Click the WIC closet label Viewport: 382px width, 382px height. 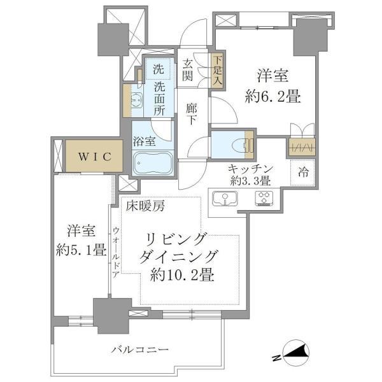(x=95, y=157)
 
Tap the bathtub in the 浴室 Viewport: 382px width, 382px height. (x=153, y=163)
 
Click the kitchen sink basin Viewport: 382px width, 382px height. (x=225, y=198)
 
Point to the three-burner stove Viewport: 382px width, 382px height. (x=264, y=199)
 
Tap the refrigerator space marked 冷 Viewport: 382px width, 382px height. (x=303, y=173)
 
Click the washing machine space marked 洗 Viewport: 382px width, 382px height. (x=159, y=69)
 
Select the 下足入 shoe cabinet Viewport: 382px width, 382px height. (x=217, y=71)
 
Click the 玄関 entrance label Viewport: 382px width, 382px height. (x=187, y=70)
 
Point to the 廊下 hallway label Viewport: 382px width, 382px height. (x=192, y=114)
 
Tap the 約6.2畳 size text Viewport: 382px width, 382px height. (x=273, y=97)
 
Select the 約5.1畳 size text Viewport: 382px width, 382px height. (x=81, y=250)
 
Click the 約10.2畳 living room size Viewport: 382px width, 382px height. (x=182, y=275)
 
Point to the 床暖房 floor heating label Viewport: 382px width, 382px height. (x=145, y=206)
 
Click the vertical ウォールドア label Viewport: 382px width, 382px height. (x=117, y=252)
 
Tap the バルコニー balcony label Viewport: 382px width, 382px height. (x=140, y=350)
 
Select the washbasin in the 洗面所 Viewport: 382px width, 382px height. (x=137, y=100)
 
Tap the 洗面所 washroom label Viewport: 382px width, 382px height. (x=159, y=99)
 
